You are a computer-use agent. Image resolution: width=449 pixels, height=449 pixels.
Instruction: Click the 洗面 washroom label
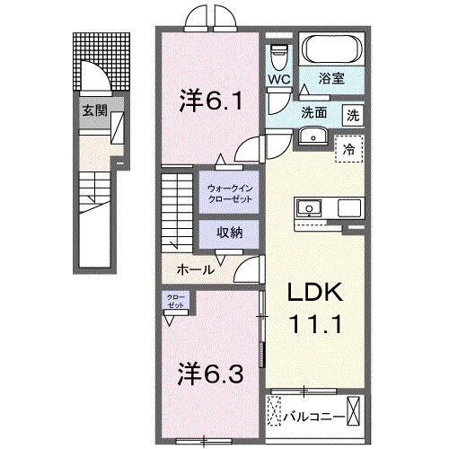[x=314, y=114]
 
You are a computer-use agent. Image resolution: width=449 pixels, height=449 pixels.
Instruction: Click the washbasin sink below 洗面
[x=313, y=136]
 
